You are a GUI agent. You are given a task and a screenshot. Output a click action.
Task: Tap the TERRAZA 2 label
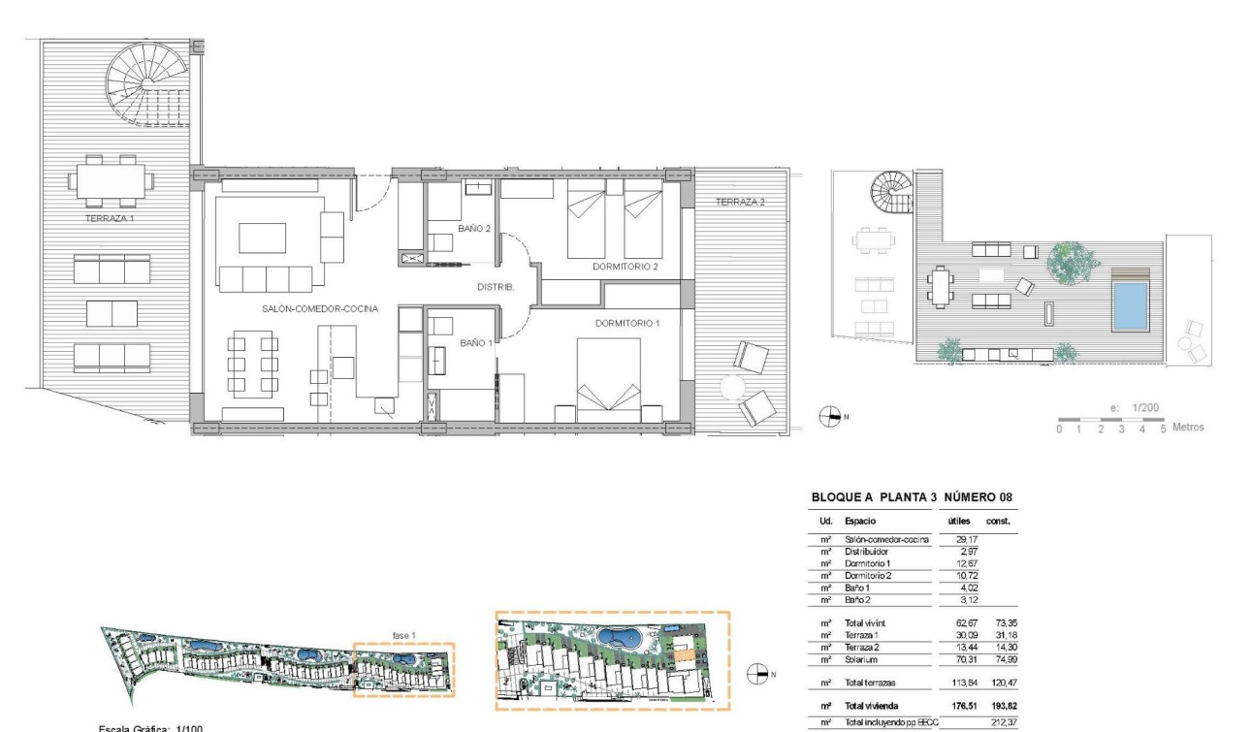coord(741,202)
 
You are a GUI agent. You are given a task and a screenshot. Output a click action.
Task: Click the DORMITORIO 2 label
coord(626,266)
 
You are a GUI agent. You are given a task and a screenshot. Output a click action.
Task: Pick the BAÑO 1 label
coord(476,342)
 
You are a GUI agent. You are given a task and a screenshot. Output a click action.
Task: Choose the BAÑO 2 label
coord(476,229)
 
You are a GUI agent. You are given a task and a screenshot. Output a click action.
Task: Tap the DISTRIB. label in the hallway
coord(495,287)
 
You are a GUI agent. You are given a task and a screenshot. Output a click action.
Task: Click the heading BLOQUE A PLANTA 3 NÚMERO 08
coord(912,497)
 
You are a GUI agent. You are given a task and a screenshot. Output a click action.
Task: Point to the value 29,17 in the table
coord(954,539)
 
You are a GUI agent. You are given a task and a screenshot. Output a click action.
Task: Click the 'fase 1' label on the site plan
coord(404,634)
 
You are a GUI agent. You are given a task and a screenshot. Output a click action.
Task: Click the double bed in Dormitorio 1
coord(608,379)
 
